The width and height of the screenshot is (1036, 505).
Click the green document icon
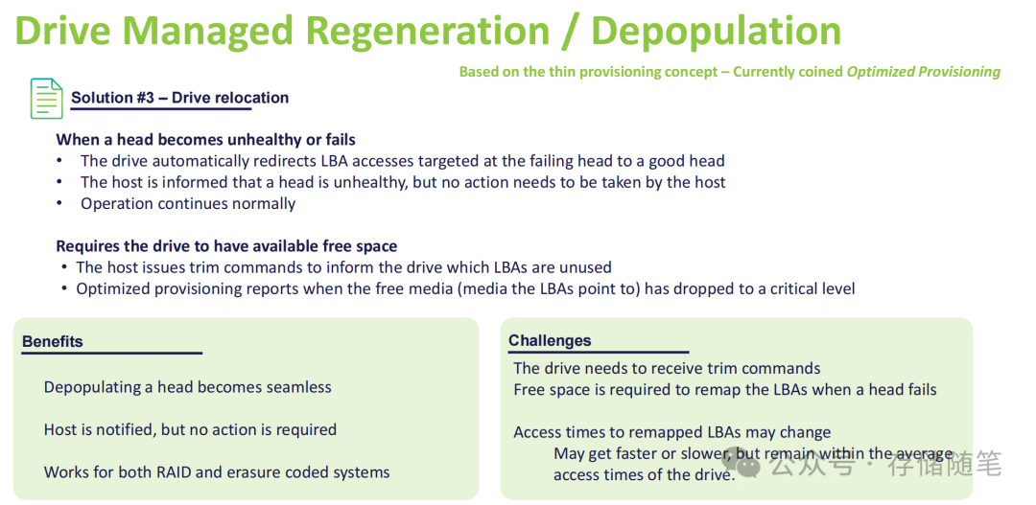pyautogui.click(x=47, y=99)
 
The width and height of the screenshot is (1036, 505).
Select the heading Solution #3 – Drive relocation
pyautogui.click(x=179, y=98)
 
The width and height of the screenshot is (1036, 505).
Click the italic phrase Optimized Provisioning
pyautogui.click(x=924, y=71)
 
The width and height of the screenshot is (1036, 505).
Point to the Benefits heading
pyautogui.click(x=52, y=341)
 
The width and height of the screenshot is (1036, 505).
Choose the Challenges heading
pyautogui.click(x=550, y=340)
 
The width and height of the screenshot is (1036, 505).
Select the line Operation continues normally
pyautogui.click(x=188, y=203)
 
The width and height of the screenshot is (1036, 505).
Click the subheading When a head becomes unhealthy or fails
pyautogui.click(x=205, y=140)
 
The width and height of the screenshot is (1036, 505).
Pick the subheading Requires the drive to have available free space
pyautogui.click(x=226, y=246)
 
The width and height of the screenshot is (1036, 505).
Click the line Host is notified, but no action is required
pyautogui.click(x=190, y=430)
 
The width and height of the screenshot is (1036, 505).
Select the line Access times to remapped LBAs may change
pyautogui.click(x=671, y=433)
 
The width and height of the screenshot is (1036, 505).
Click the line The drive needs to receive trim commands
pyautogui.click(x=667, y=368)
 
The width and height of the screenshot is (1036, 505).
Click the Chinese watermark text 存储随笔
pyautogui.click(x=945, y=465)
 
